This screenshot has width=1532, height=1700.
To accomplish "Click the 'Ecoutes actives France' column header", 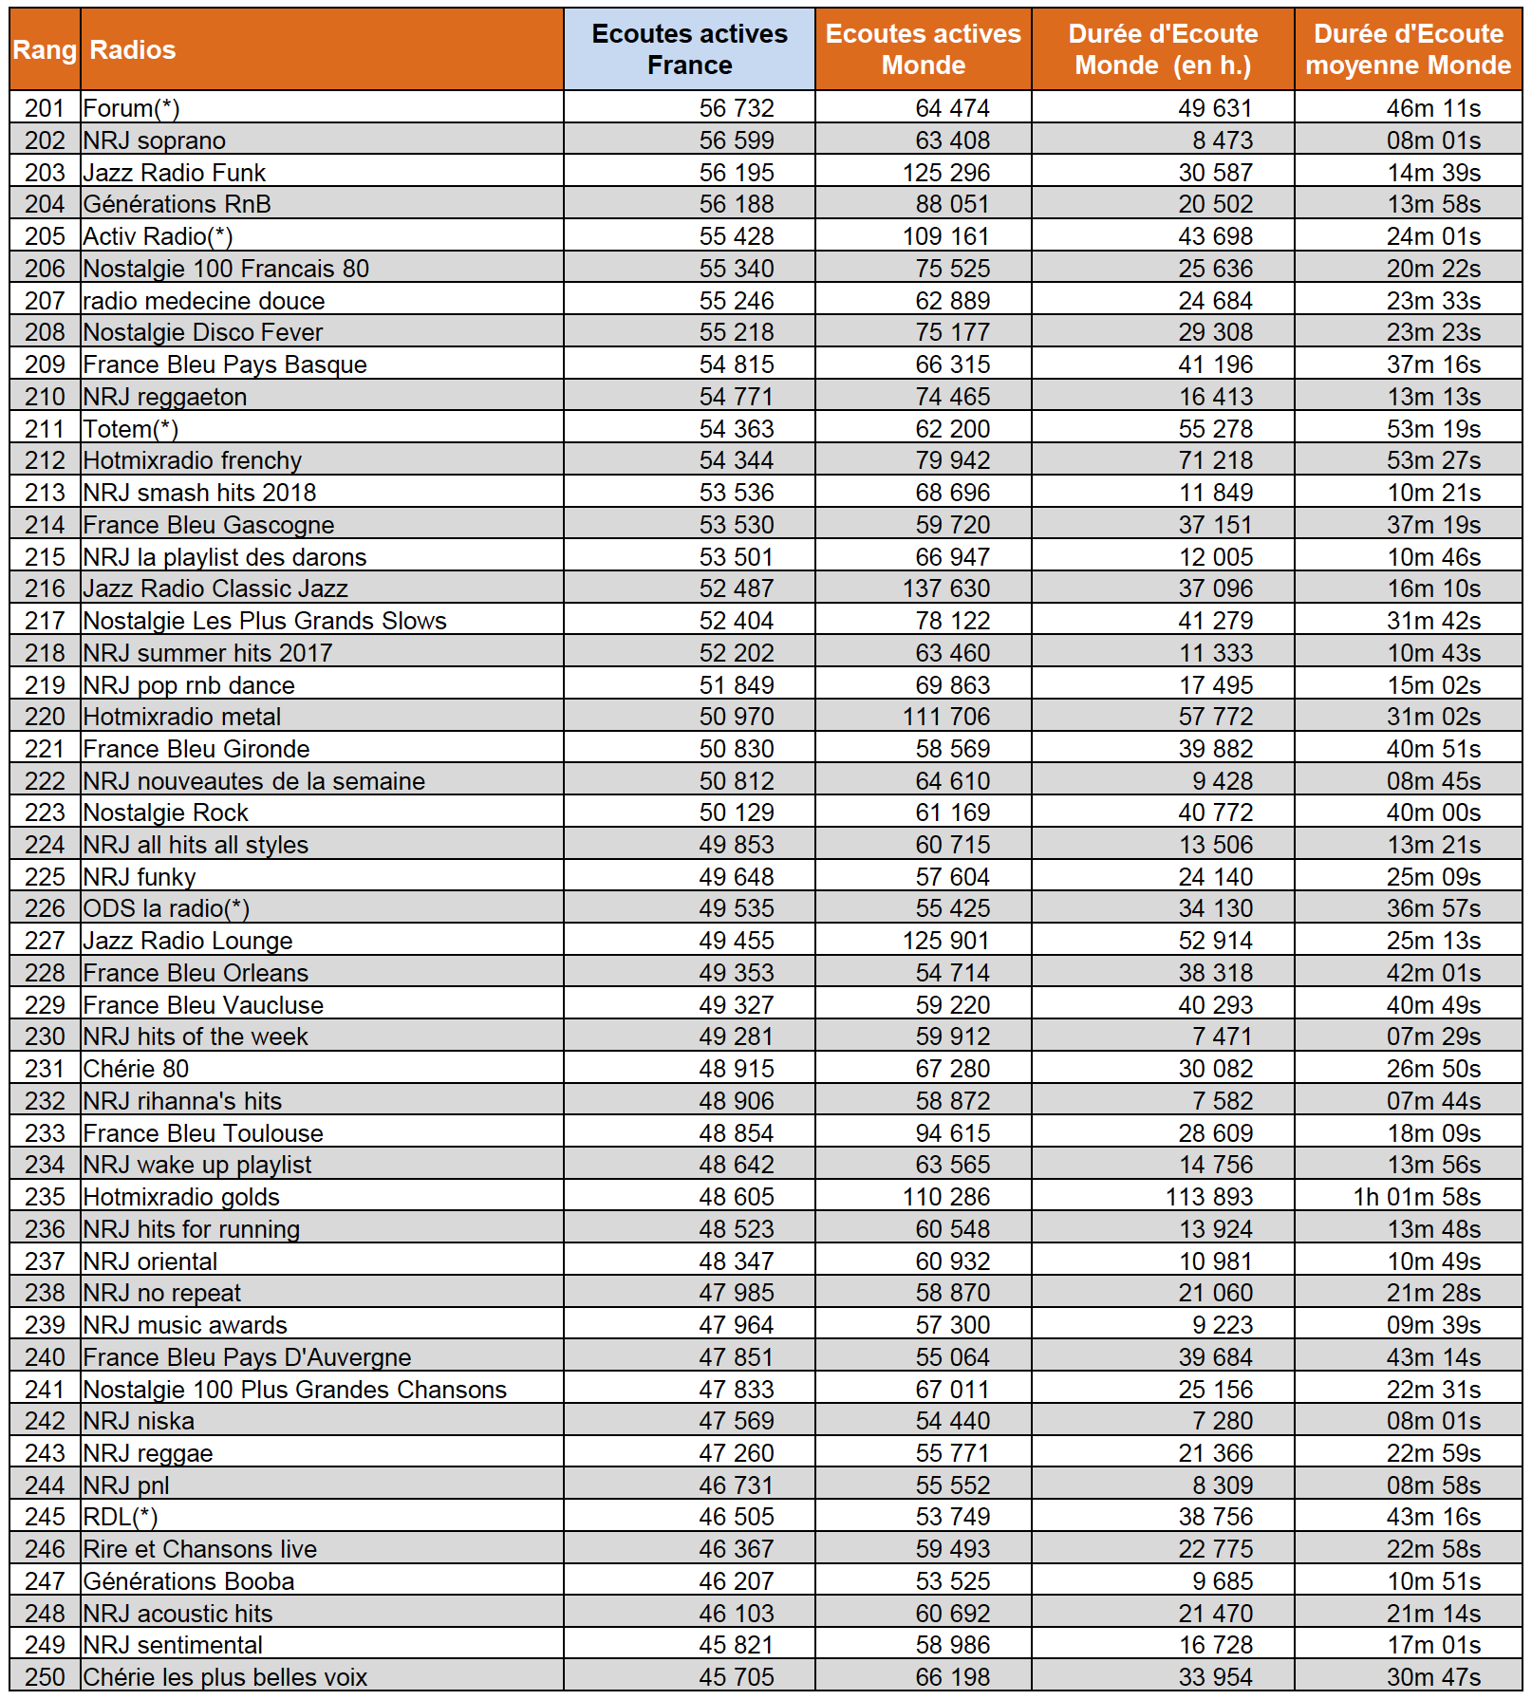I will pyautogui.click(x=689, y=49).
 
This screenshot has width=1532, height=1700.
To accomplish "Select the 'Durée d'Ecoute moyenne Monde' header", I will pyautogui.click(x=1408, y=49).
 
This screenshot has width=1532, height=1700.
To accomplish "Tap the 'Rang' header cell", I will pyautogui.click(x=45, y=49).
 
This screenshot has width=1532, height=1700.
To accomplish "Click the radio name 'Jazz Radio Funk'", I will pyautogui.click(x=175, y=173).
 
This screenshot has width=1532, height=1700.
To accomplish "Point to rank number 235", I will pyautogui.click(x=45, y=1197).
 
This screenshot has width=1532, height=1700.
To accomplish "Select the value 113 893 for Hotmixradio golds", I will pyautogui.click(x=1209, y=1197).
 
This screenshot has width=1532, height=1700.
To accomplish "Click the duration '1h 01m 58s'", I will pyautogui.click(x=1416, y=1197).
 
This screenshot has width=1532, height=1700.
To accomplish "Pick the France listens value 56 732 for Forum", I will pyautogui.click(x=737, y=108).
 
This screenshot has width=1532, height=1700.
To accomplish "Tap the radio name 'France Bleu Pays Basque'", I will pyautogui.click(x=225, y=364).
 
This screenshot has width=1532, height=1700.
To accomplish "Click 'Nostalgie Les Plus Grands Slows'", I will pyautogui.click(x=265, y=621).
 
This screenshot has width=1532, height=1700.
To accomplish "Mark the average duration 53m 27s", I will pyautogui.click(x=1433, y=460).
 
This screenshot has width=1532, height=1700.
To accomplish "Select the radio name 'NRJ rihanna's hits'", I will pyautogui.click(x=182, y=1101).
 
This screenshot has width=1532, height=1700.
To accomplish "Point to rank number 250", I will pyautogui.click(x=45, y=1677).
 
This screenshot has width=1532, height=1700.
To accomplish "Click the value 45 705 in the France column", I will pyautogui.click(x=737, y=1677).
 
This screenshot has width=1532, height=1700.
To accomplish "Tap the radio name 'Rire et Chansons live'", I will pyautogui.click(x=200, y=1549).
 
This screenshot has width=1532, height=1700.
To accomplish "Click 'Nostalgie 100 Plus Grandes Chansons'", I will pyautogui.click(x=295, y=1390).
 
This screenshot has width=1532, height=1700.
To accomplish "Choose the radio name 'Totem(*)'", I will pyautogui.click(x=131, y=429).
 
